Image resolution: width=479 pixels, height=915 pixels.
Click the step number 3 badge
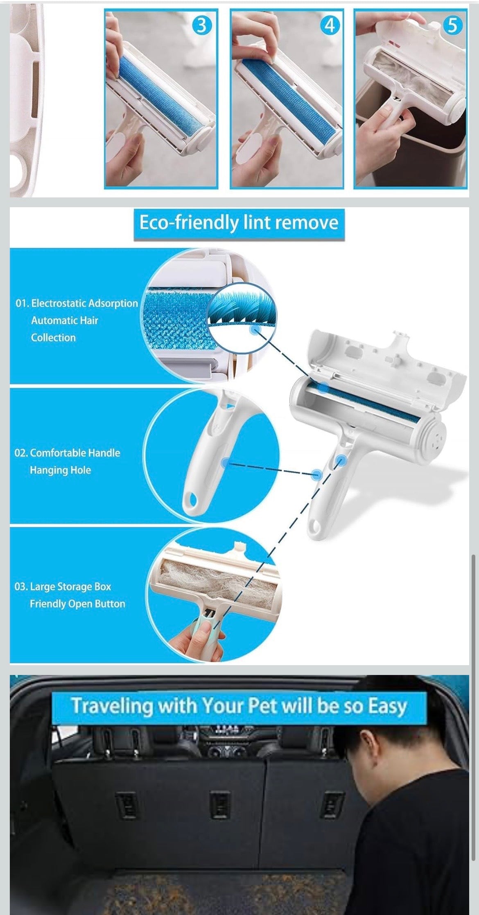click(x=201, y=26)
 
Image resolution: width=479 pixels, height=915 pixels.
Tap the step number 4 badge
click(x=330, y=25)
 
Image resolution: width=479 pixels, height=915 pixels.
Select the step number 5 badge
click(x=452, y=25)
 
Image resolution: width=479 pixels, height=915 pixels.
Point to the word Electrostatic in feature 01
click(x=59, y=303)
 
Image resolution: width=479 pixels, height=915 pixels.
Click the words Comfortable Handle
click(x=75, y=453)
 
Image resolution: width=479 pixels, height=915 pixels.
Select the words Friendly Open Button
click(x=77, y=604)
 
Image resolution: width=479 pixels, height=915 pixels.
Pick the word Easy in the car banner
click(x=387, y=706)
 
